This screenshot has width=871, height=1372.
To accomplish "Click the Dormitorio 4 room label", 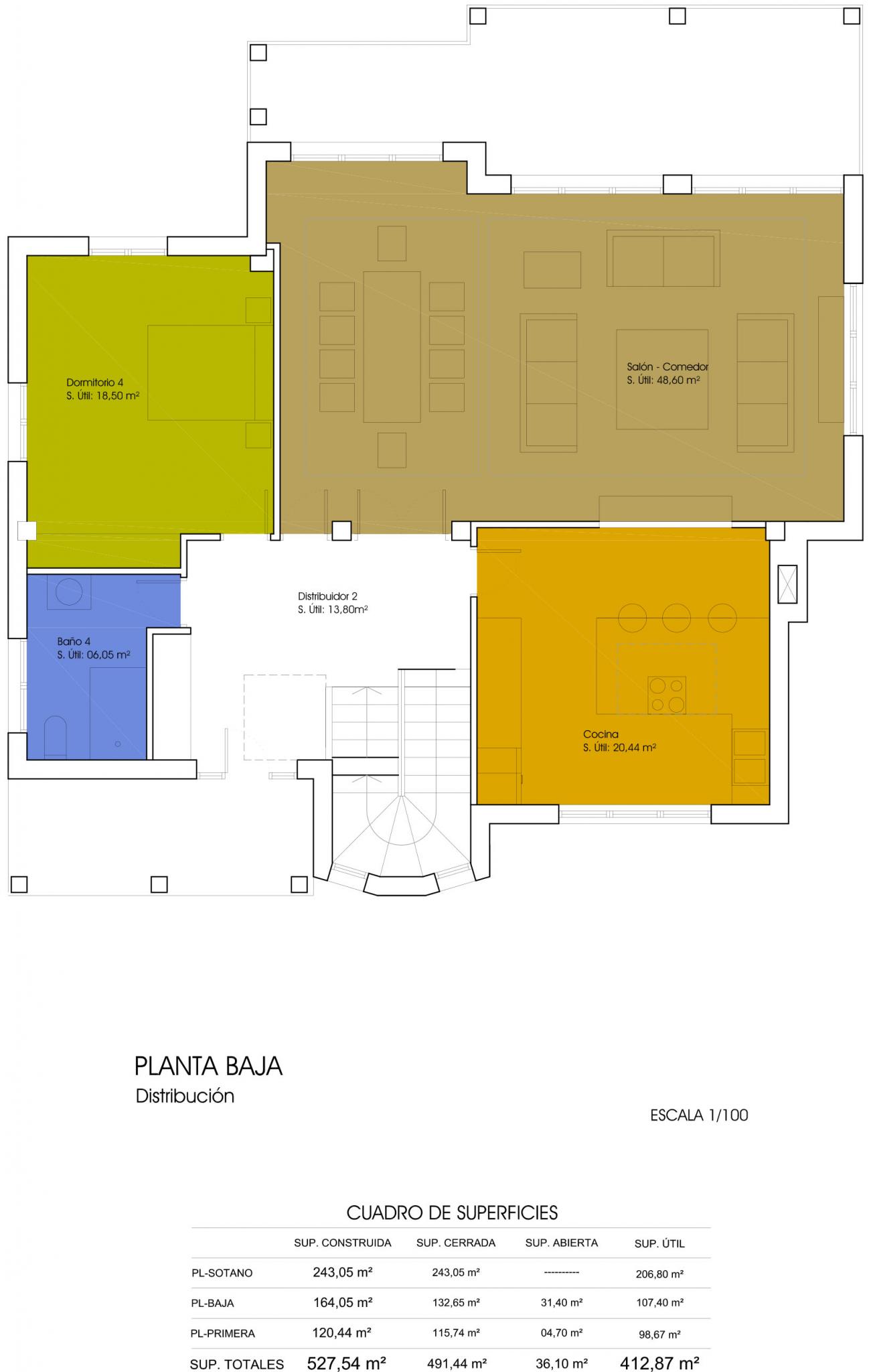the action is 94,383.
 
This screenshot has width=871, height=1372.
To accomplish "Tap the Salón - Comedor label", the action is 667,367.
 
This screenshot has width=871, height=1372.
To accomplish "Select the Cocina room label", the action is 601,734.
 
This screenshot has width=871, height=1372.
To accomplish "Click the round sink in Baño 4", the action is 69,592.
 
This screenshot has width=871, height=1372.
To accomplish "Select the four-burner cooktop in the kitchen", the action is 667,695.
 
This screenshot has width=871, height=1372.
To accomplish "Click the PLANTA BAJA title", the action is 208,1067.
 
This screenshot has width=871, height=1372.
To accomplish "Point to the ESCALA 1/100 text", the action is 699,1115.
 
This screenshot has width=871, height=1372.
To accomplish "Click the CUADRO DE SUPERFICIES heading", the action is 452,1213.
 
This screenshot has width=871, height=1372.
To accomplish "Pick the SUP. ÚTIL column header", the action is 659,1244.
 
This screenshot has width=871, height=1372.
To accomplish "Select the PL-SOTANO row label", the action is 222,1274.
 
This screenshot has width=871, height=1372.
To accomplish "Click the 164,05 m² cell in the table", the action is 343,1303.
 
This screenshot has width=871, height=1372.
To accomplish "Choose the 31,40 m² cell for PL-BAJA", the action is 561,1303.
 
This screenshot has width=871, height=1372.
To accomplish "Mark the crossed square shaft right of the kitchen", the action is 787,584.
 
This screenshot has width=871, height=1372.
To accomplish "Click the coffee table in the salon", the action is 662,379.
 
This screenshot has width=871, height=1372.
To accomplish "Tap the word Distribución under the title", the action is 185,1096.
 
